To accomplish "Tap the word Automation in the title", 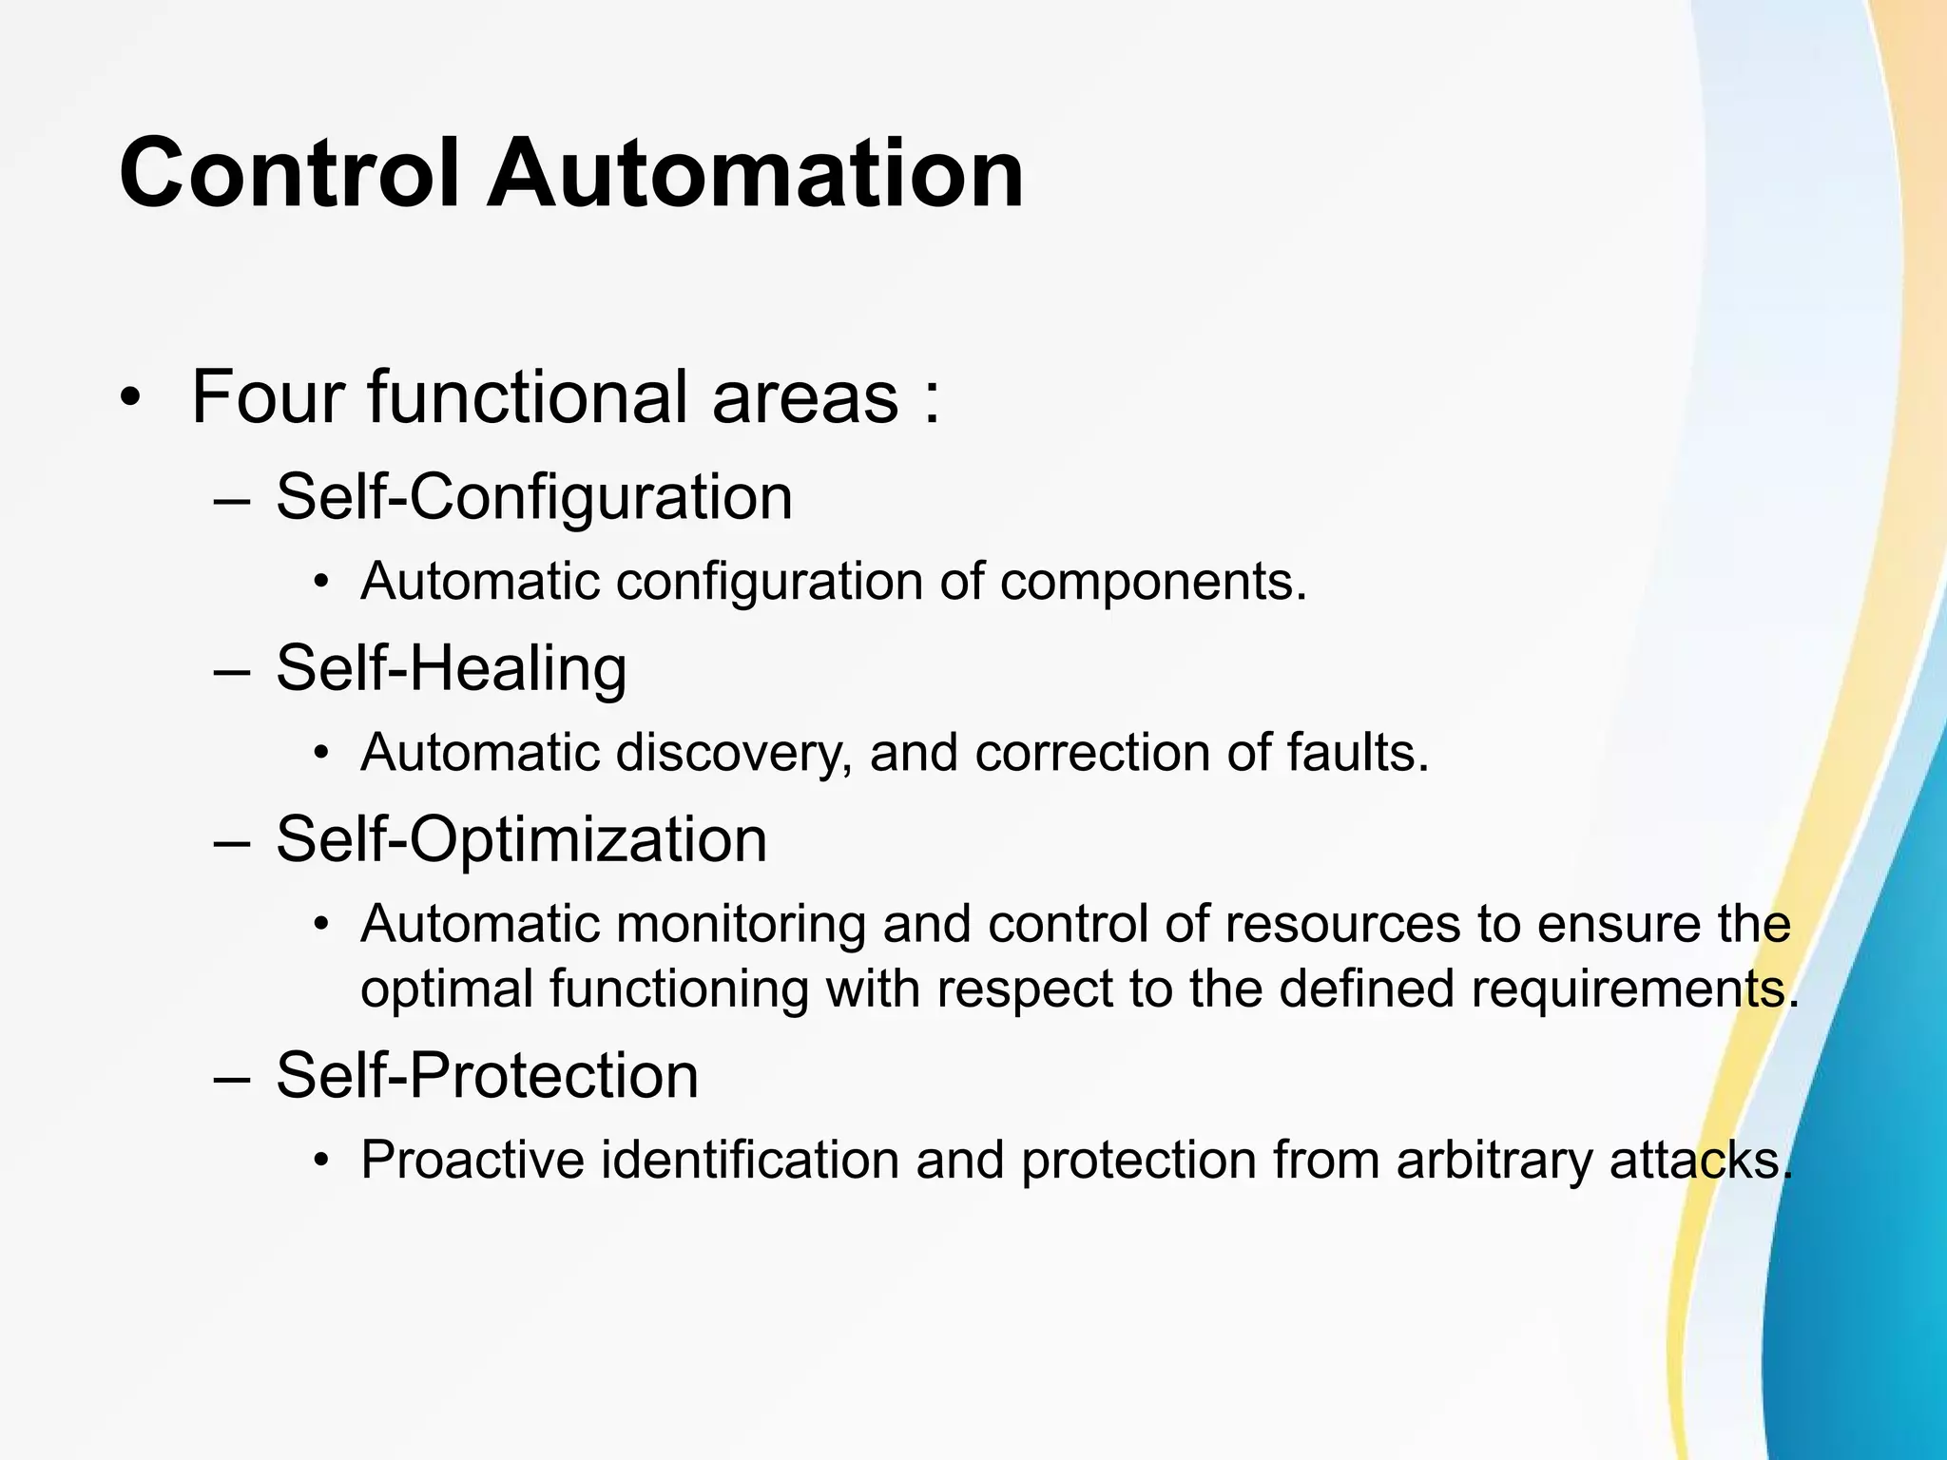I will click(755, 174).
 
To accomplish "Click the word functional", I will click(528, 397).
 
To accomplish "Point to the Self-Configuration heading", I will click(533, 497).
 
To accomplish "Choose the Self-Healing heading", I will click(451, 668).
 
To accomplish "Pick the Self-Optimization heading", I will click(521, 839).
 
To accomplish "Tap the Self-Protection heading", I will click(487, 1076).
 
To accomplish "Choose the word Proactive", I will click(472, 1161).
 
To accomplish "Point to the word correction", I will click(1092, 753).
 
